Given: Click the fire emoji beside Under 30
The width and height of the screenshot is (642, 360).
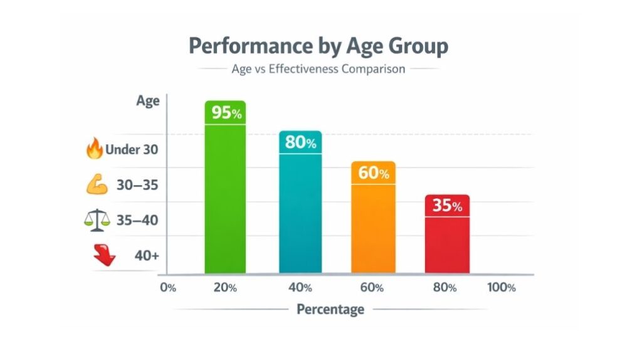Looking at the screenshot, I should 93,149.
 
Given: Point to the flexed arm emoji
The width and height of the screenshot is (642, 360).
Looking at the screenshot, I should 95,184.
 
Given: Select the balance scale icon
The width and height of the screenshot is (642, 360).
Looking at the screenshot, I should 95,220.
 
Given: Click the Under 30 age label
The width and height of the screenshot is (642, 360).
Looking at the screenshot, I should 132,150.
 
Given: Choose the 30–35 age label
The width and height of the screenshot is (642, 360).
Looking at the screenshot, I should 137,185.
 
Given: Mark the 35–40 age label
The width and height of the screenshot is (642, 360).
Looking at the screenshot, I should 137,220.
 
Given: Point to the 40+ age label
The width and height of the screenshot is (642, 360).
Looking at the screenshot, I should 146,255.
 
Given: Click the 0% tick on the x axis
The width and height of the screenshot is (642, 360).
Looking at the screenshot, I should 168,288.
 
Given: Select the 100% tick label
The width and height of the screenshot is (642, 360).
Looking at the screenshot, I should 501,288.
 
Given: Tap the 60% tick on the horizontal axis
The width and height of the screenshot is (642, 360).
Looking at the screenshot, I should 372,288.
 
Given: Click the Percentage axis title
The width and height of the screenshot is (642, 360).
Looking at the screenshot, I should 330,309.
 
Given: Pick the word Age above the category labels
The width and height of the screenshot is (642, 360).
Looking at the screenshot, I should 148,101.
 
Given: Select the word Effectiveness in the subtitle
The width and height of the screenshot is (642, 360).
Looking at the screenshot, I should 303,68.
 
